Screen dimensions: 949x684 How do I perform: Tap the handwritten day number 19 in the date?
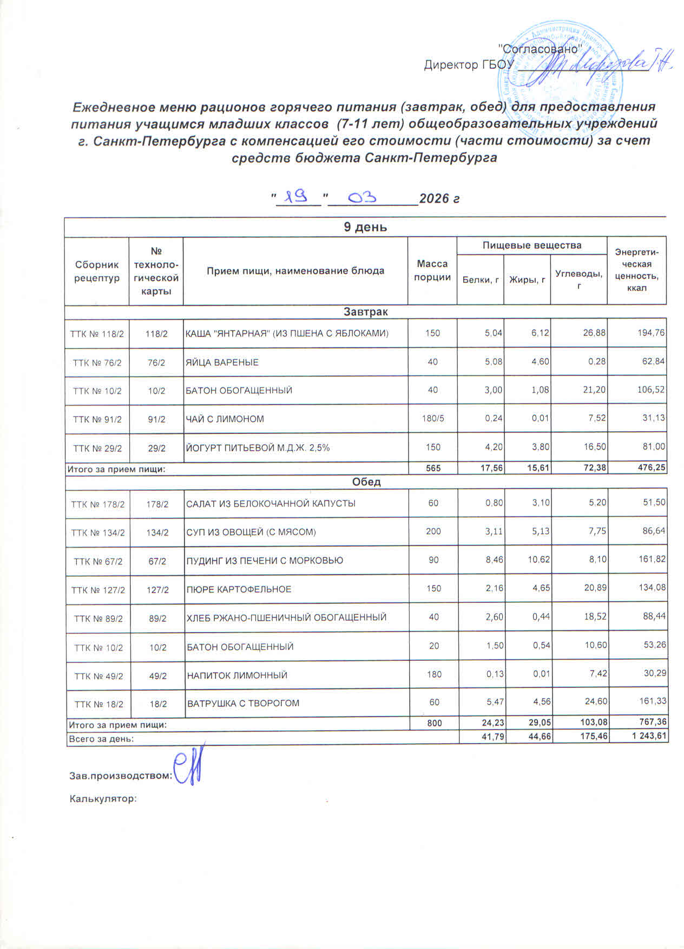(x=297, y=195)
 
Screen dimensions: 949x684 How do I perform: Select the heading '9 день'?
(x=365, y=227)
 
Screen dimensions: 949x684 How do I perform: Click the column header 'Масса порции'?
(x=432, y=270)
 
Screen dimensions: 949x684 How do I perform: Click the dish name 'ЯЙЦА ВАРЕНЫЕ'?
(x=222, y=362)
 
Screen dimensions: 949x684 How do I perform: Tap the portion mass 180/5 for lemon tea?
(x=433, y=419)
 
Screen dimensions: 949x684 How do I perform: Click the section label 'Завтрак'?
(x=366, y=312)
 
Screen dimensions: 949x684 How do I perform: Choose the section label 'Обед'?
(x=366, y=482)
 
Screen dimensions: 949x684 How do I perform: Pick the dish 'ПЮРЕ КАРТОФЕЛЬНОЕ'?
(x=239, y=589)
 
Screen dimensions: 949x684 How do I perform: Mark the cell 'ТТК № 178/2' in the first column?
(x=97, y=504)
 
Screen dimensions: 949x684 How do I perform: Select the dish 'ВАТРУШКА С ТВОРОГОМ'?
(x=243, y=704)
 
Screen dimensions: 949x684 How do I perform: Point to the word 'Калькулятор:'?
(x=103, y=798)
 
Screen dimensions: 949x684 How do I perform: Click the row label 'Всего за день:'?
(x=101, y=738)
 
